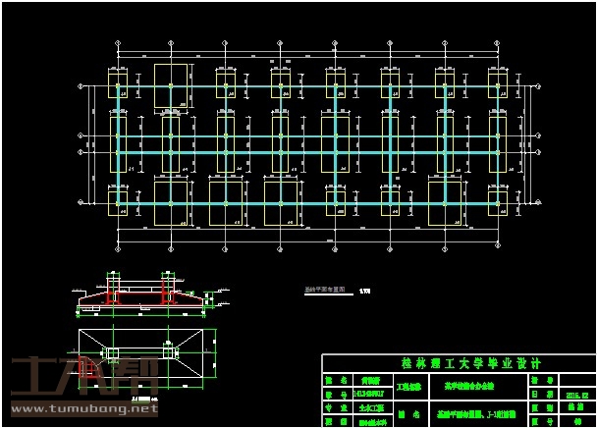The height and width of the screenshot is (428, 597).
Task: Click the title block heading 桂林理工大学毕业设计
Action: click(458, 363)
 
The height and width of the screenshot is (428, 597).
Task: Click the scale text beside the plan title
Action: click(366, 291)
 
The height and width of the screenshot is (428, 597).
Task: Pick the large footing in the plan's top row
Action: click(172, 85)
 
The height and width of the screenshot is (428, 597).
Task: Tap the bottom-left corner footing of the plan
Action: click(118, 203)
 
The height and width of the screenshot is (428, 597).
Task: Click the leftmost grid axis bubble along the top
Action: click(118, 45)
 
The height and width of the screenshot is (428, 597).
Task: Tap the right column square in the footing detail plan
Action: click(172, 350)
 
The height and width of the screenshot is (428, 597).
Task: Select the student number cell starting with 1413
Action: click(369, 396)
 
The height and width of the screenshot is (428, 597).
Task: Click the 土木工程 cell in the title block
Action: click(369, 407)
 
